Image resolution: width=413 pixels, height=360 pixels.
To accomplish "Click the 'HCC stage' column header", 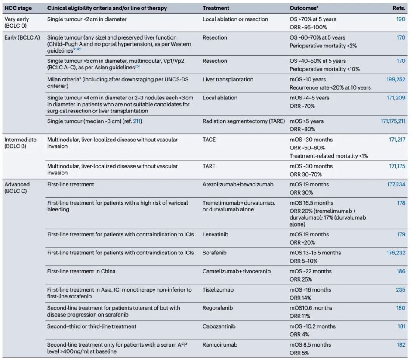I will coord(18,8).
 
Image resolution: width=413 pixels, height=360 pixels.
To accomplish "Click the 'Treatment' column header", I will coord(216,8).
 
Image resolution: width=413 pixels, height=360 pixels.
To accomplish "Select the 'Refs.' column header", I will coord(398,8).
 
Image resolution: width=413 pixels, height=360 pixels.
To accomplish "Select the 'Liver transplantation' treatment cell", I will coord(228,80).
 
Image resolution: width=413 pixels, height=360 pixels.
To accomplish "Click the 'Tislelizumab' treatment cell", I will coord(218,290).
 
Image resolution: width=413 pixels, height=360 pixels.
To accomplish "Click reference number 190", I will coord(400,19).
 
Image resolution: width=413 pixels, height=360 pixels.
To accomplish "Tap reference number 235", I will coord(400,290).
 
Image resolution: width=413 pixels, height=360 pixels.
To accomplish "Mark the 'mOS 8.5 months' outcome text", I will coord(310,345).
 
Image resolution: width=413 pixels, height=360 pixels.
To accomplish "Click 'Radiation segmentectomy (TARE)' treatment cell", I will coord(243,121).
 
